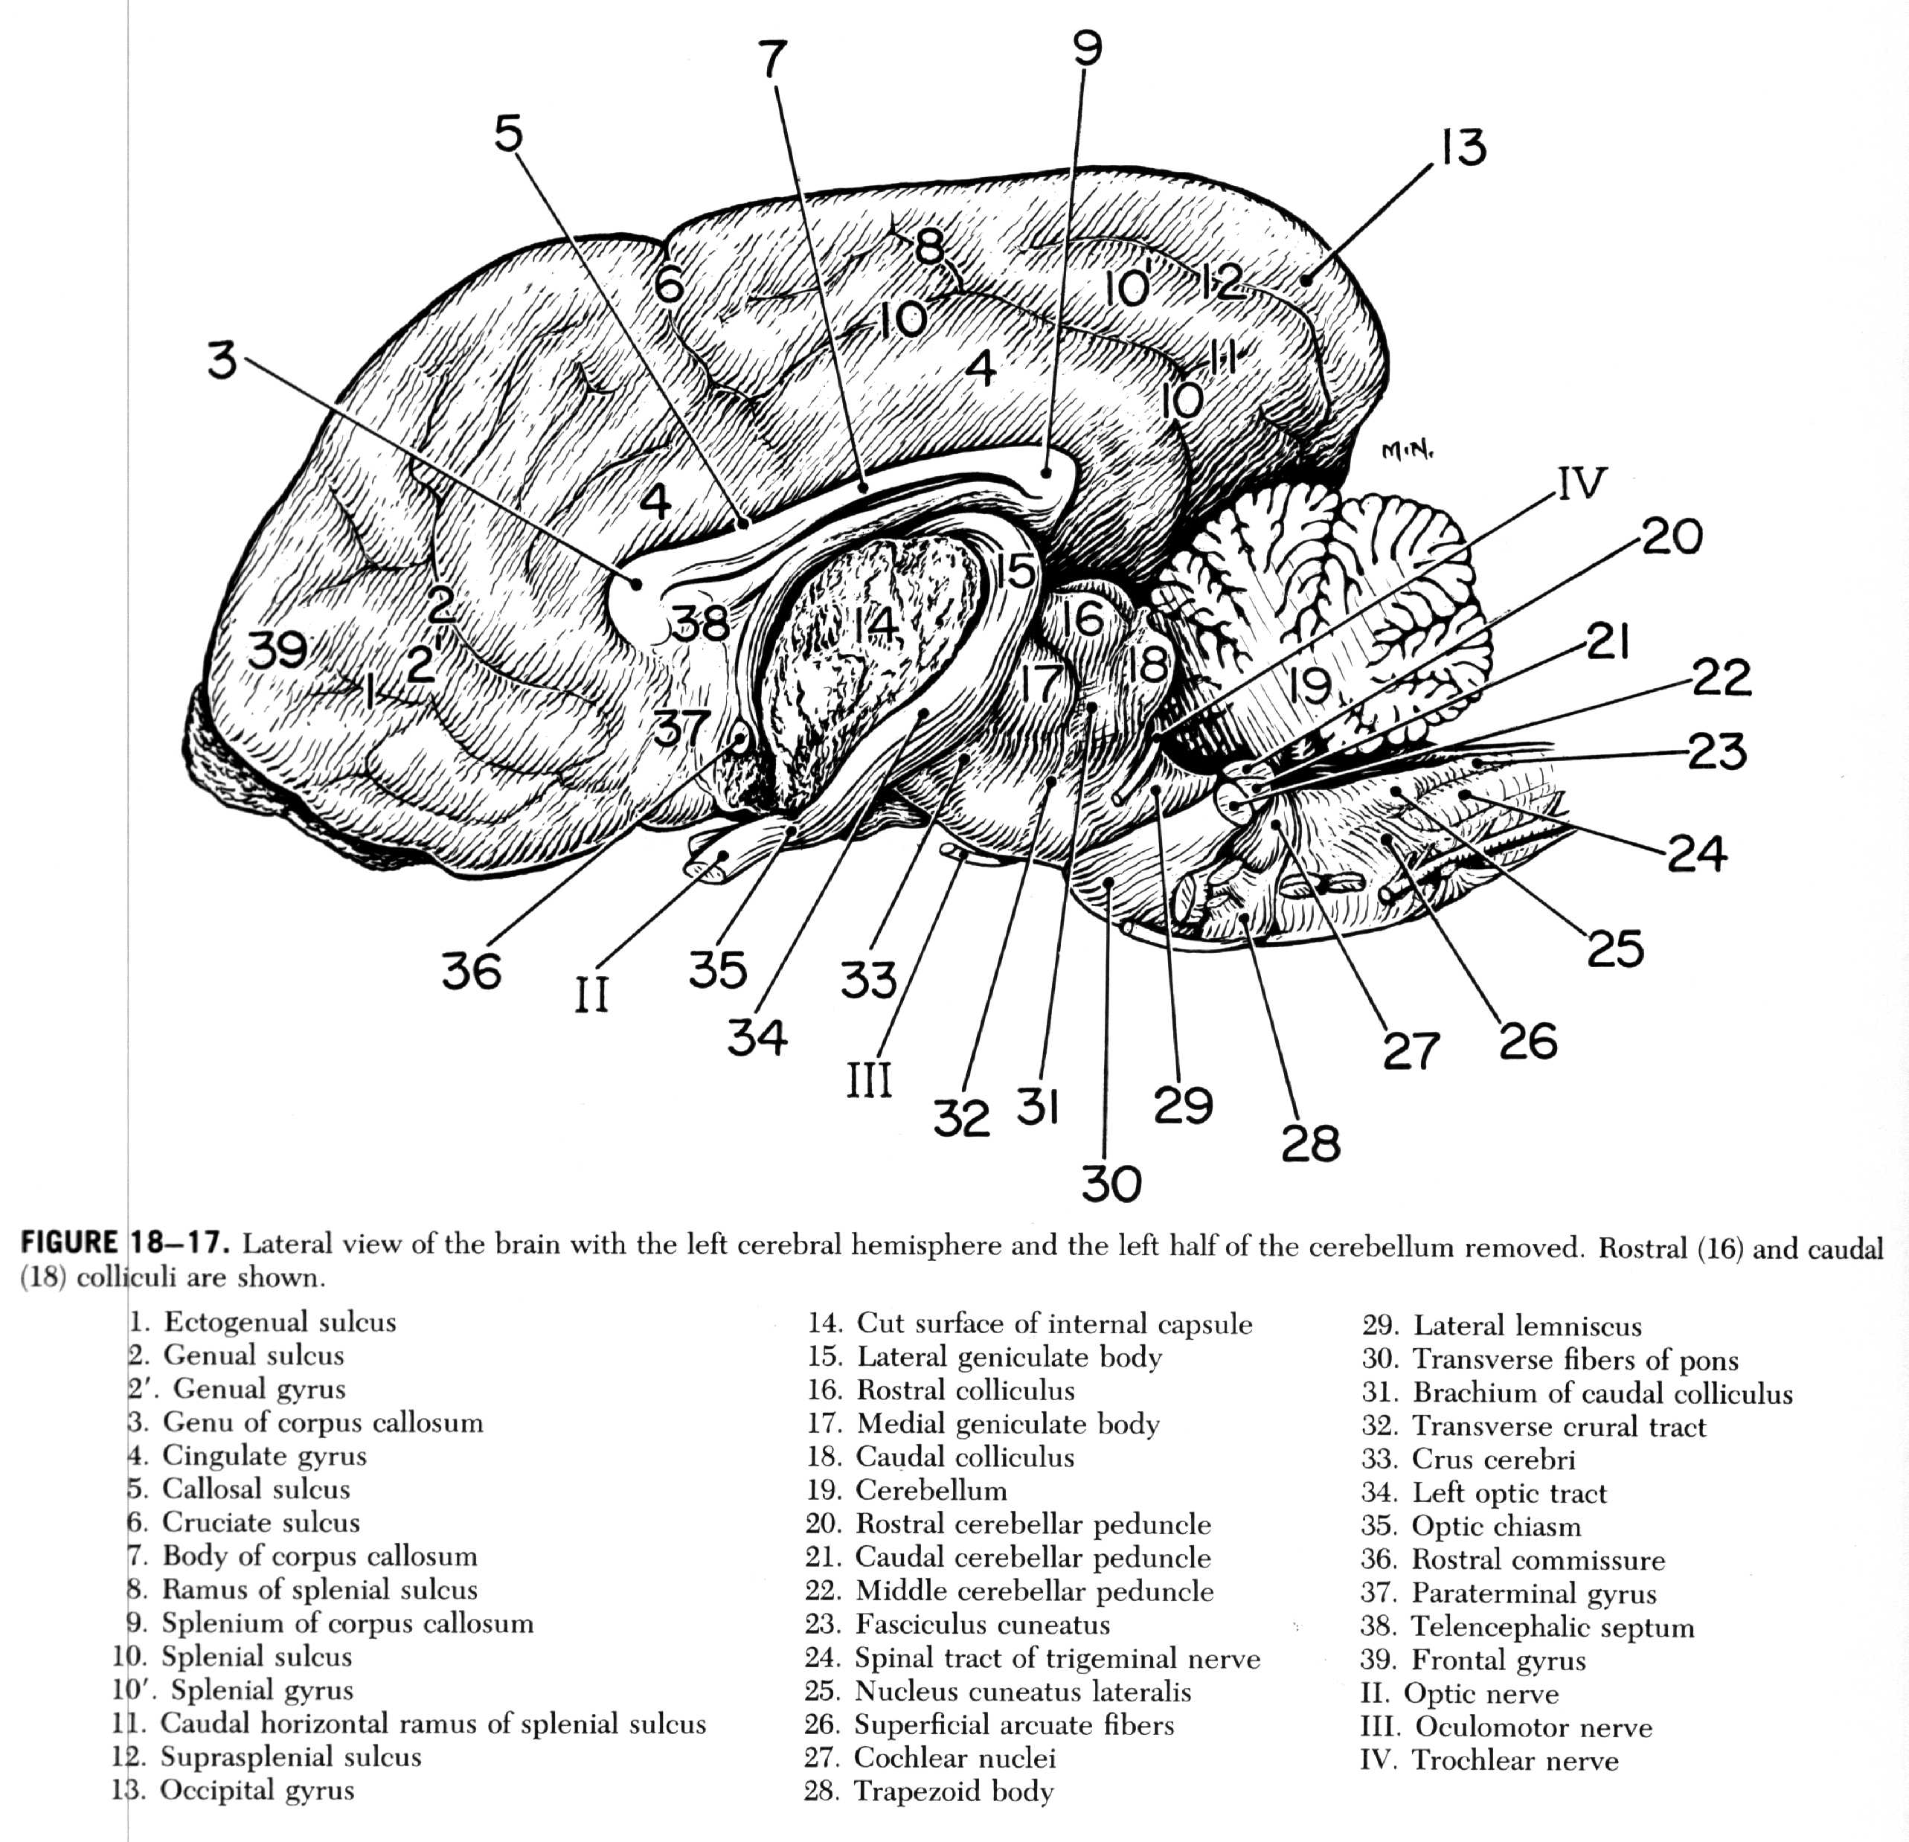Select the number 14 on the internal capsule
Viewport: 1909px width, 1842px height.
pyautogui.click(x=876, y=624)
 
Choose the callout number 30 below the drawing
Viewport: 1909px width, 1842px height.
pyautogui.click(x=1111, y=1184)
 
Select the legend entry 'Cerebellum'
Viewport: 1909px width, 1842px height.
pyautogui.click(x=930, y=1490)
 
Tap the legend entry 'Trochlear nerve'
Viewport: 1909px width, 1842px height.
pyautogui.click(x=1515, y=1760)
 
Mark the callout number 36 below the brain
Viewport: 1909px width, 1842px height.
pyautogui.click(x=472, y=971)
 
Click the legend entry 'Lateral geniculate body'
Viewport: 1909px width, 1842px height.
pyautogui.click(x=1008, y=1357)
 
